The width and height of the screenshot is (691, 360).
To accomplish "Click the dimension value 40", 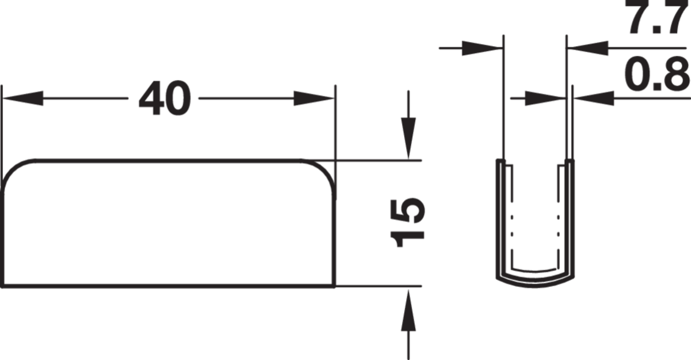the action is [165, 98].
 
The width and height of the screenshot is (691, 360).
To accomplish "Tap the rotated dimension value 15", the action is [408, 222].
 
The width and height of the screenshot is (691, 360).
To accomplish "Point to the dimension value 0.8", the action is [657, 74].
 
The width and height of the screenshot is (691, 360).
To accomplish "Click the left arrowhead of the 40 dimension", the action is [22, 98].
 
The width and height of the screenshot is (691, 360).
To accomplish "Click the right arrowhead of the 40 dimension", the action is [314, 98].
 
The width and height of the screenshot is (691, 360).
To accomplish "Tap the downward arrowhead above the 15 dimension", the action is [408, 138].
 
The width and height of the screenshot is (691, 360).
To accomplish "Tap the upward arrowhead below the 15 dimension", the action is [408, 310].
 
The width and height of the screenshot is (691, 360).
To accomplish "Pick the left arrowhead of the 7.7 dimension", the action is [483, 48].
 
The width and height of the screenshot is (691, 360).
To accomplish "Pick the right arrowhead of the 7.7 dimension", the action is [588, 48].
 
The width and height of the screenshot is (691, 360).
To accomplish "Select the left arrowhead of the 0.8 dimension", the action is [545, 98].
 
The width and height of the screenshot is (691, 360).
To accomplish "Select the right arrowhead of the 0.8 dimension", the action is [594, 98].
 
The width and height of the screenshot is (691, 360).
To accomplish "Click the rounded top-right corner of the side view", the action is [325, 169].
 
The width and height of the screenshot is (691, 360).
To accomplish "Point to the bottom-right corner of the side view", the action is [335, 287].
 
